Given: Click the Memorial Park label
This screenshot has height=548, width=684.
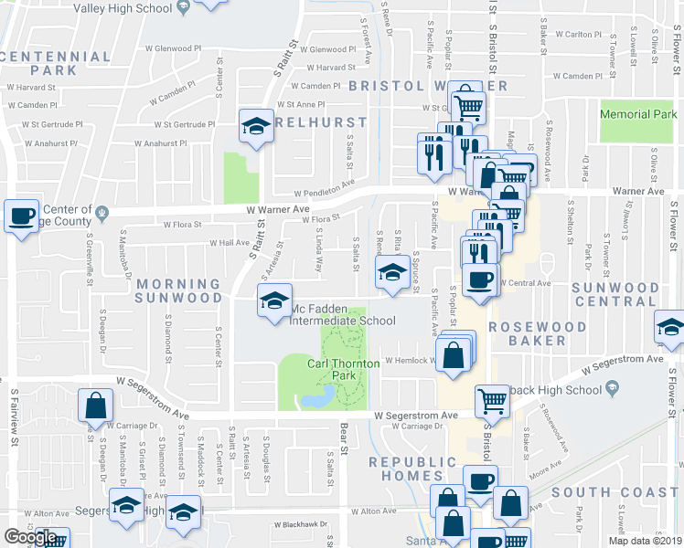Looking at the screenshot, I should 638,115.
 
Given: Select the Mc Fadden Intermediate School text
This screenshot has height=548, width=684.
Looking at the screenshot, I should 343,321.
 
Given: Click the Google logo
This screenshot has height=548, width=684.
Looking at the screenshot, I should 31,537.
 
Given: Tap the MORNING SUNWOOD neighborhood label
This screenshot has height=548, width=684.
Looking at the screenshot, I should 179,290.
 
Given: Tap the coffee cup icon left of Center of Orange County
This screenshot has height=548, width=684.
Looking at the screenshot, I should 22,217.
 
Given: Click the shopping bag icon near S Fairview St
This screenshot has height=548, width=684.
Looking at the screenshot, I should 95,407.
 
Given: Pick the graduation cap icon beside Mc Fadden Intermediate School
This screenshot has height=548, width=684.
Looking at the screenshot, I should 273,302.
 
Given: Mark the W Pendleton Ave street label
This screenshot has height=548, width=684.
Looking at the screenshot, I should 325,190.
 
